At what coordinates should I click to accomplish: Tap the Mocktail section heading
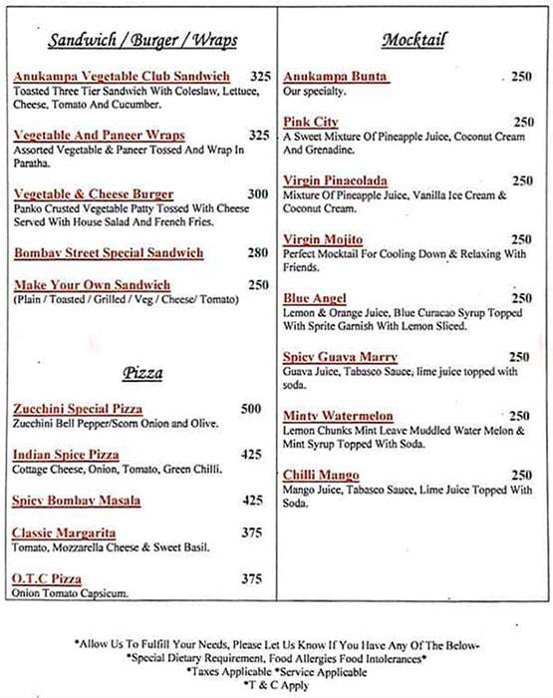[413, 40]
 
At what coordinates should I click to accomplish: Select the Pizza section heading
[142, 373]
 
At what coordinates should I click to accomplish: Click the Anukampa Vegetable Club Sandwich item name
[122, 77]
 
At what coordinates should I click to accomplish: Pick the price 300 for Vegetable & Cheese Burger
[257, 194]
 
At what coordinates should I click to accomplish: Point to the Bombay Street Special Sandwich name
[108, 253]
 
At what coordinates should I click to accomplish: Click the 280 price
[257, 253]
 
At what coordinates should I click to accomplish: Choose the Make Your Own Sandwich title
[92, 285]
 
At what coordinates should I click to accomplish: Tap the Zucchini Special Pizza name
[78, 409]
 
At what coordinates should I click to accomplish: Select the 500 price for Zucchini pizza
[251, 409]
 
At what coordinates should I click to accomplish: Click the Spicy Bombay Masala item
[76, 501]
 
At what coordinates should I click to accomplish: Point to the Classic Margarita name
[65, 533]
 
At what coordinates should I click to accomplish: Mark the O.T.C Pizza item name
[48, 579]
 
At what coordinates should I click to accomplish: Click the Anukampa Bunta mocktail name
[336, 77]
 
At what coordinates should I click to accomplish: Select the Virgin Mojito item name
[324, 239]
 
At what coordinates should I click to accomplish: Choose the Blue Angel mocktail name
[315, 298]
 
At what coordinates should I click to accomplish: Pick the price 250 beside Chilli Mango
[520, 475]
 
